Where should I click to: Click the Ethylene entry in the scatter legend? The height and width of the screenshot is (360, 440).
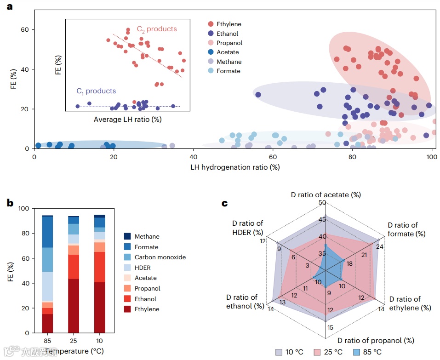tap(229, 24)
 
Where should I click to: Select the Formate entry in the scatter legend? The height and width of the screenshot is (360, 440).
tap(228, 71)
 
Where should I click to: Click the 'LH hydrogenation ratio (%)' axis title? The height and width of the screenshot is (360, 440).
tap(235, 167)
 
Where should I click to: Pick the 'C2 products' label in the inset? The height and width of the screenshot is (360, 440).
tap(157, 29)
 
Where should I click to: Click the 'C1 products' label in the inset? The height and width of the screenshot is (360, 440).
tap(96, 91)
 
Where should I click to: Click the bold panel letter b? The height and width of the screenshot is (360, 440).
tap(10, 203)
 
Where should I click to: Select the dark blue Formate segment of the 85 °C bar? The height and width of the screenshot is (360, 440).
tap(47, 232)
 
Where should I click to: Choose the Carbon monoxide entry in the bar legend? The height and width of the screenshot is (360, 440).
tap(160, 257)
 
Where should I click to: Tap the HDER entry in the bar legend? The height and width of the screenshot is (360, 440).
tap(143, 268)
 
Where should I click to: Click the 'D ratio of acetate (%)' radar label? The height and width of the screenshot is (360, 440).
tap(326, 195)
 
